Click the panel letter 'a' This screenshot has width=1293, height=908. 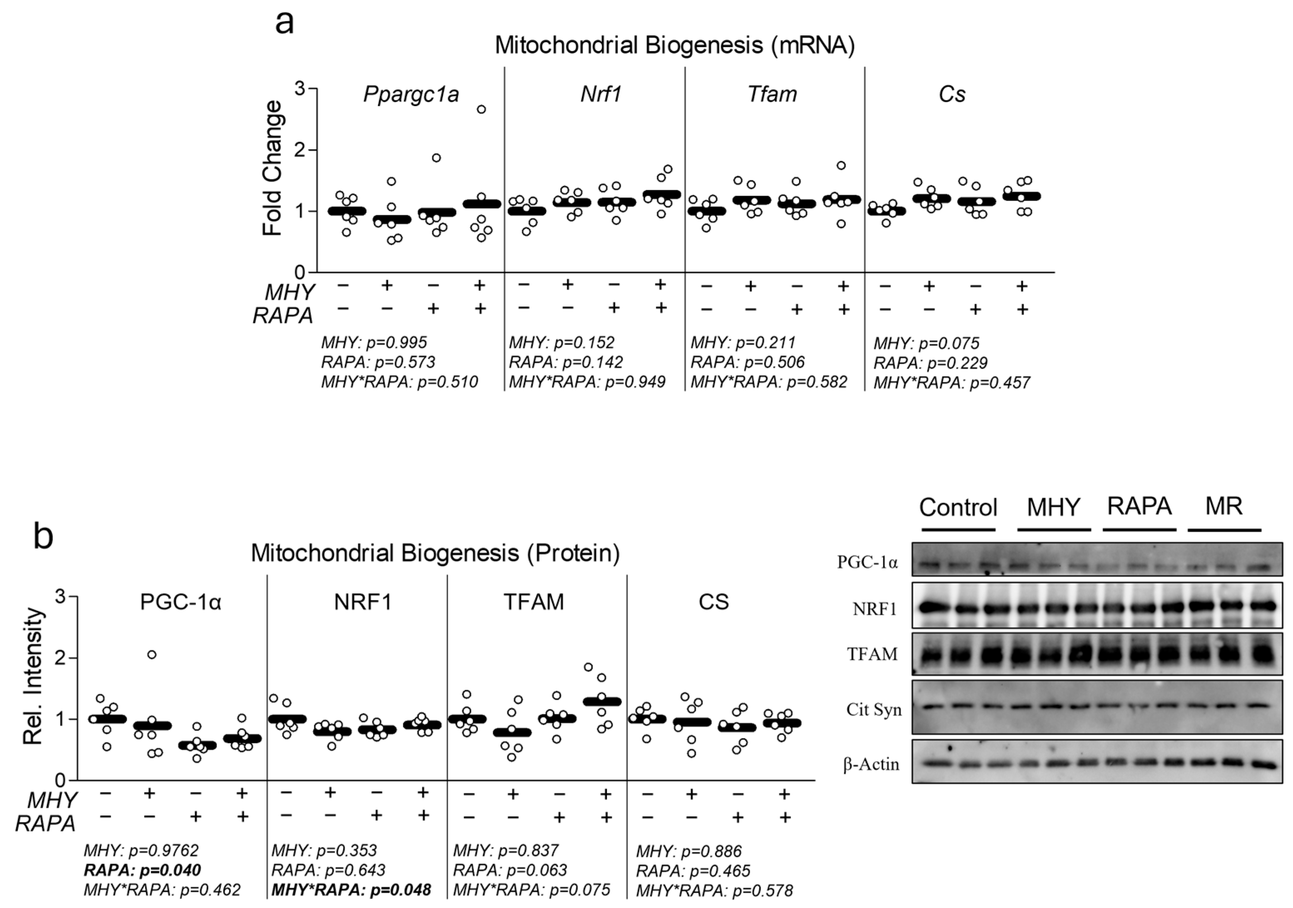tap(285, 24)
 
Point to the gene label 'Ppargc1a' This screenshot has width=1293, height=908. tap(411, 94)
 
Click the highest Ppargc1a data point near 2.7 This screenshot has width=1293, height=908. tap(481, 109)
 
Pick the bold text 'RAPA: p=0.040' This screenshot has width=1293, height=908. tap(142, 870)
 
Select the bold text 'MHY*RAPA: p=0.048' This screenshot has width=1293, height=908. tap(352, 890)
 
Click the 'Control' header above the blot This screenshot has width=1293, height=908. tap(958, 508)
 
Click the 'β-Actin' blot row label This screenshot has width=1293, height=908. tap(871, 765)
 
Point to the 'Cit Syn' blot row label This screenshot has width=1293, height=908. tap(874, 710)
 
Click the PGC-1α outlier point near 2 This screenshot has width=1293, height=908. tap(151, 654)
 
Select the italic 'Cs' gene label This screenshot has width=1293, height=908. tap(952, 94)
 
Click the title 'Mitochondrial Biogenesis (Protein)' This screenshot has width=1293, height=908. tap(435, 553)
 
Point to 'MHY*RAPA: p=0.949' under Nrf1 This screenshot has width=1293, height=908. tap(587, 382)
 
